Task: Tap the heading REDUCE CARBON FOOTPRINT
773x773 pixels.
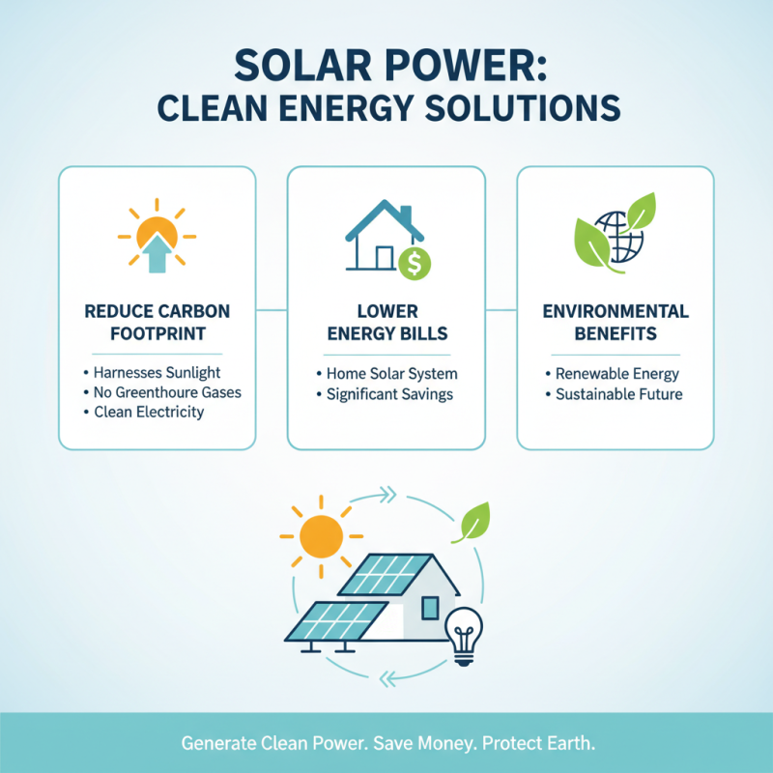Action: [x=157, y=323]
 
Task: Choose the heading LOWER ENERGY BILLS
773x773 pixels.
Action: [x=386, y=323]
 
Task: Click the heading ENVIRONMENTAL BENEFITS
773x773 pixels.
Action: [x=616, y=323]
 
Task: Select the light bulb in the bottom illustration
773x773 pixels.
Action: [x=462, y=637]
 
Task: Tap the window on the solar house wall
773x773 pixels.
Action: [x=430, y=607]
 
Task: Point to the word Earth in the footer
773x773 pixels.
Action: [x=570, y=744]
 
